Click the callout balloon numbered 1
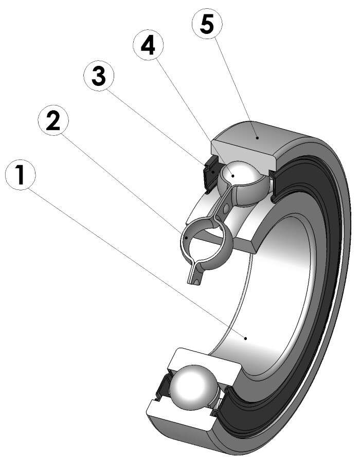pyautogui.click(x=20, y=176)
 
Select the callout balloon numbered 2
pyautogui.click(x=52, y=121)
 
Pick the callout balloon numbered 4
pyautogui.click(x=148, y=46)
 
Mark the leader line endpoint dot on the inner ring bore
pyautogui.click(x=246, y=338)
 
